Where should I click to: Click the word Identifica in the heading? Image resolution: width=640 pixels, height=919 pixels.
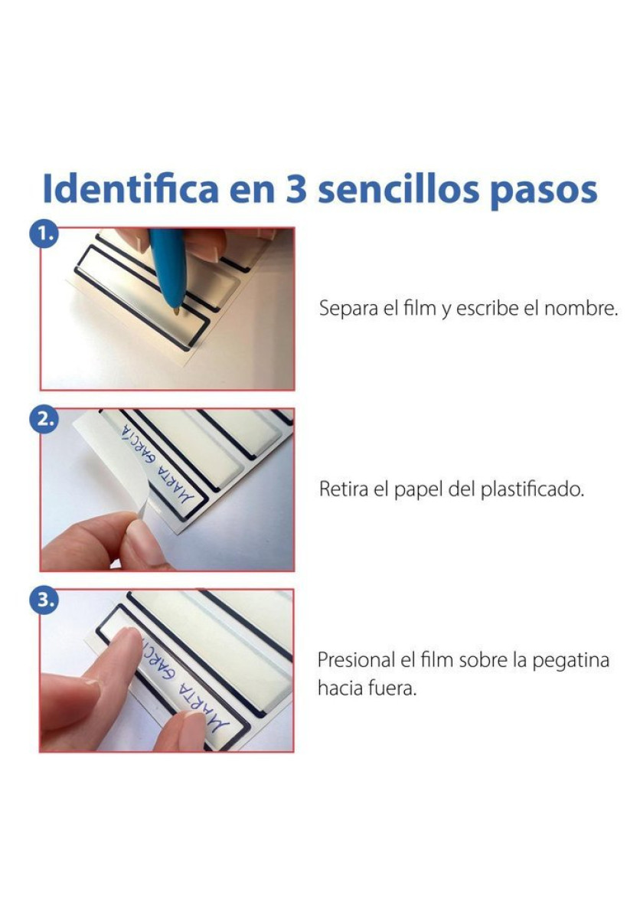[130, 188]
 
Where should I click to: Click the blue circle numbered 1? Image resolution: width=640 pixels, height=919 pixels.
[44, 234]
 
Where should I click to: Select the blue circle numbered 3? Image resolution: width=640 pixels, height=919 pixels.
[44, 600]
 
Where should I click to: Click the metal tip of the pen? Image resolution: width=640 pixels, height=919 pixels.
[177, 311]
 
